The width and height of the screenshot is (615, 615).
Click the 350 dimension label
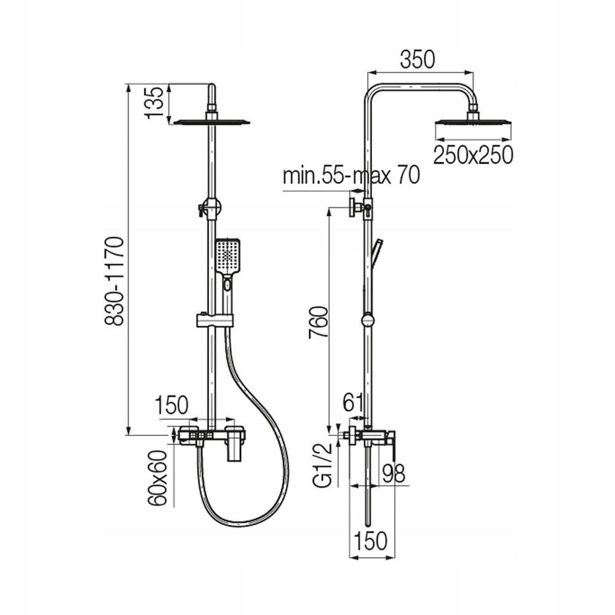point(418,60)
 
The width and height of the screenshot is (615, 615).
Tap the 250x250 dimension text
point(473,154)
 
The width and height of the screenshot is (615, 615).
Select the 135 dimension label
point(154,102)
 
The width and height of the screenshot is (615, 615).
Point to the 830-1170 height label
point(114,280)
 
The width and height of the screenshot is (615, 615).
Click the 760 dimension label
point(318,323)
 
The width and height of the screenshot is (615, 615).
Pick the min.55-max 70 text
point(351,175)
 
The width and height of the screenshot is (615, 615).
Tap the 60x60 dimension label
point(157,478)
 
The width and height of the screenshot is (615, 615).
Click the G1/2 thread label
point(323,464)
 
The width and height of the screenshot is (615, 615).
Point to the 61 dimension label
point(354,402)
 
